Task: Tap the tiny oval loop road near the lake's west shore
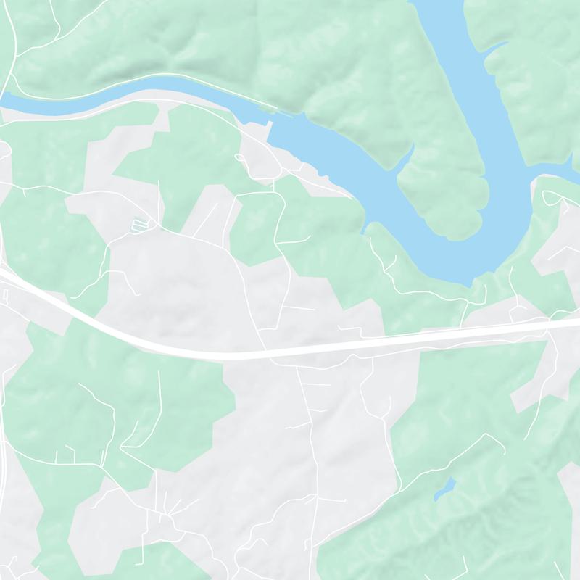[240, 157]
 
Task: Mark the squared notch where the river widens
[273, 123]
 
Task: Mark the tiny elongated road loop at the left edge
[4, 296]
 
